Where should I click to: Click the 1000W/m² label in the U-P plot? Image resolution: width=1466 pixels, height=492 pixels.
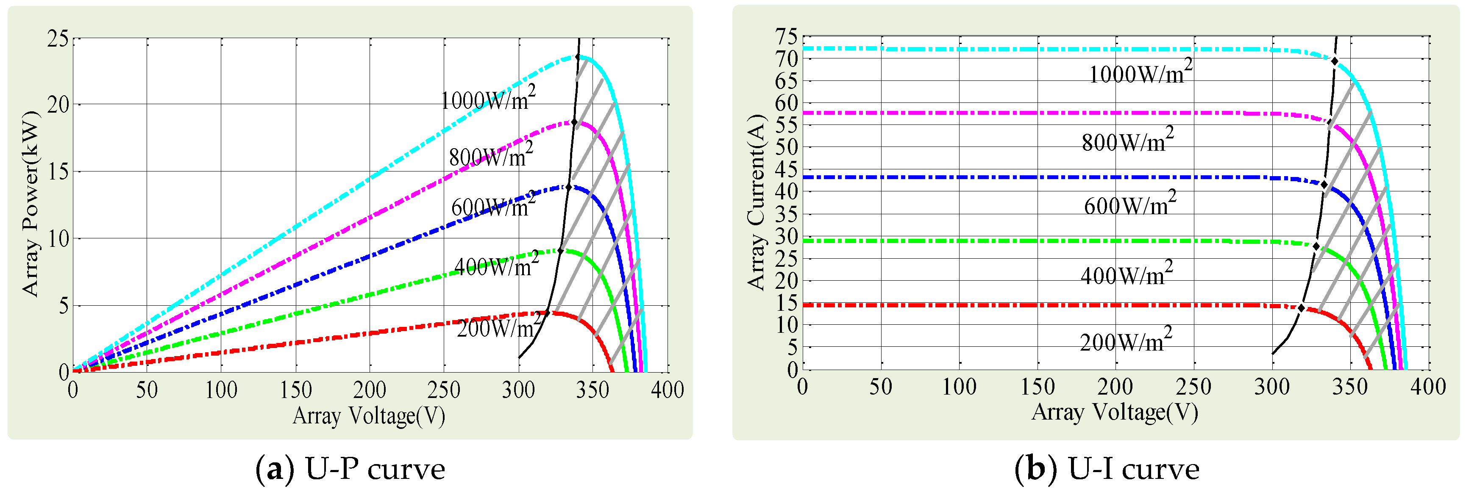(x=488, y=99)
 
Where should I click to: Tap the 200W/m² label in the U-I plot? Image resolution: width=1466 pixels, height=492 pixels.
(x=1126, y=341)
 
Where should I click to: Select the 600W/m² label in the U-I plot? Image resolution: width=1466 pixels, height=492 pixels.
(x=1129, y=204)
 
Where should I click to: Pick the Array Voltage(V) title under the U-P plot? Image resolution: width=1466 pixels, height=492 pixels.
(x=369, y=416)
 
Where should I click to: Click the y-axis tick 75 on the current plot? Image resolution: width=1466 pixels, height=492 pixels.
(x=787, y=37)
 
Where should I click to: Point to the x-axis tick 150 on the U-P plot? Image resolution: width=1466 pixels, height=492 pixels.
(x=295, y=390)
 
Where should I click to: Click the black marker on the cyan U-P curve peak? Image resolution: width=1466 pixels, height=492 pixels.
(x=578, y=57)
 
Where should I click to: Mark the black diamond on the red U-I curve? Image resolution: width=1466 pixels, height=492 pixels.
(x=1301, y=308)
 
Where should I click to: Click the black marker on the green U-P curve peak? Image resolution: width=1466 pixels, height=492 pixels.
(x=561, y=250)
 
